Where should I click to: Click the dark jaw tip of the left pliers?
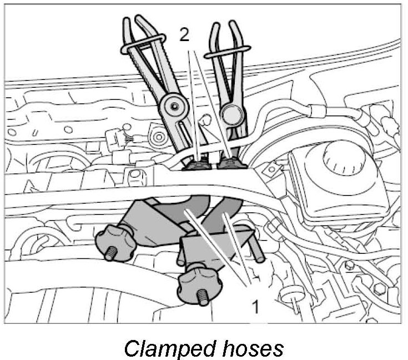point(198,164)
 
